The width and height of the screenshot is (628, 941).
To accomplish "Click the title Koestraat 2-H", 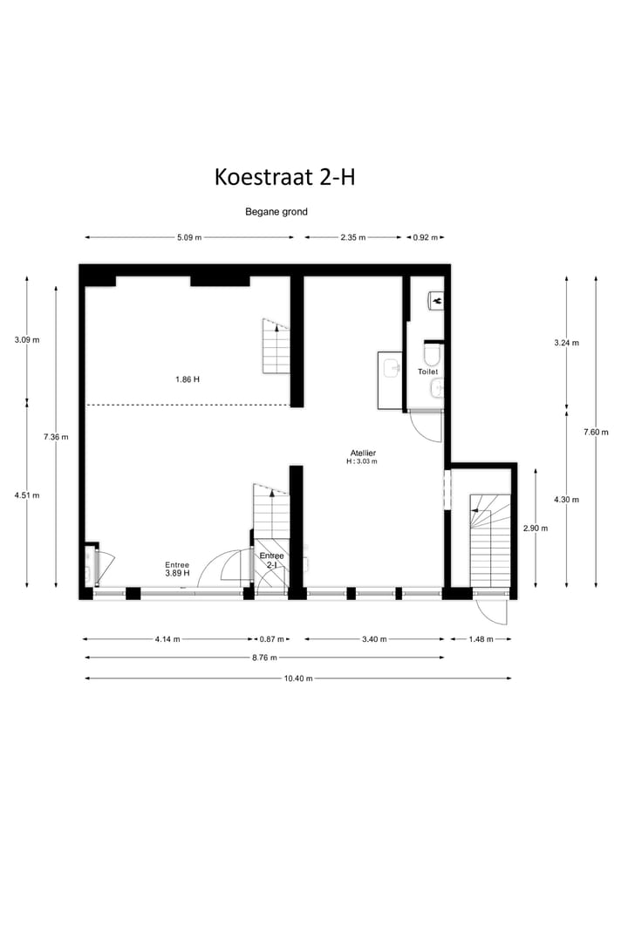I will coord(284,177).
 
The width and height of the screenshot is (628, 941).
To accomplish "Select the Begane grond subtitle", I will coord(276,212).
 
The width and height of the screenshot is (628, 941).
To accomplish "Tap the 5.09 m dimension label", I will coord(189,237).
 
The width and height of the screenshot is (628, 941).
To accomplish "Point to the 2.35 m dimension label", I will coord(353,237).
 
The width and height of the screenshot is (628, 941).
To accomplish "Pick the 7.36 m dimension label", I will coord(57,437).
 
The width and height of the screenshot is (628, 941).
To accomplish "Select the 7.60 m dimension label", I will coord(597,432).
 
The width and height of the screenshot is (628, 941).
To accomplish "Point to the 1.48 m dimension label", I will coord(481,639).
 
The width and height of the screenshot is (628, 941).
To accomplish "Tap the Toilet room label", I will coord(427,372).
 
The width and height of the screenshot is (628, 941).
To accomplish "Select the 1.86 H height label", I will coord(188,379).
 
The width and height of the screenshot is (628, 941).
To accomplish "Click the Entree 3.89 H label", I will coord(177,569).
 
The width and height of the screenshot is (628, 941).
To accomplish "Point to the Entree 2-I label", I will coord(270,560).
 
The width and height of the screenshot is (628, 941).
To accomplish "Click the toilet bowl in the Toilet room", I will coord(431,353).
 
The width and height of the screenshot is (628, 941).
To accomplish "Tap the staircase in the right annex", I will coord(489,541).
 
